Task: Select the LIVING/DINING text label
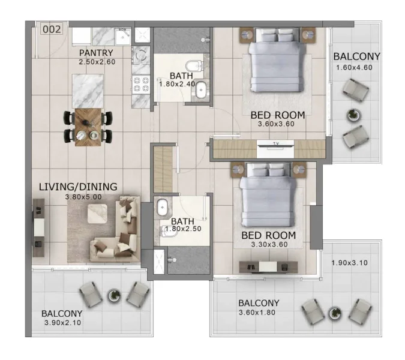click(x=78, y=187)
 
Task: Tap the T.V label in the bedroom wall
click(x=275, y=144)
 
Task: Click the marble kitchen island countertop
click(x=89, y=90)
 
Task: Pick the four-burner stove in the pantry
click(x=141, y=83)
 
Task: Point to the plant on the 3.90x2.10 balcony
click(x=113, y=294)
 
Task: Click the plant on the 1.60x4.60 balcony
click(x=354, y=114)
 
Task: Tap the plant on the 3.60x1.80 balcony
click(x=334, y=311)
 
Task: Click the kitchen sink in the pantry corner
click(x=122, y=35)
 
